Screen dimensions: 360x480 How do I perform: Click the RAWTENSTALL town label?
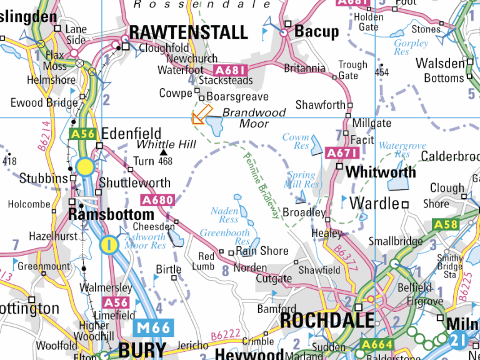click(x=188, y=32)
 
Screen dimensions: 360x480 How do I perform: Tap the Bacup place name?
click(x=316, y=31)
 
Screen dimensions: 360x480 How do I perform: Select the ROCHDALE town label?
click(x=327, y=320)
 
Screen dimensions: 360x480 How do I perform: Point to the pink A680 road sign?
click(x=157, y=201)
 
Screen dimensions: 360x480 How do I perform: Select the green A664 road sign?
click(x=377, y=344)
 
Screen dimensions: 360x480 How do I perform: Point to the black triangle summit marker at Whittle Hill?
click(x=164, y=152)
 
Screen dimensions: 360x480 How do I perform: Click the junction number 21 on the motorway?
click(x=459, y=339)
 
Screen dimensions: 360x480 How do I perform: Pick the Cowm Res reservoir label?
click(x=296, y=141)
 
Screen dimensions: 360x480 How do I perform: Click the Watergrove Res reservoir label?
click(x=402, y=150)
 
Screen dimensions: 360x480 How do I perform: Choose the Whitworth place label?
click(x=380, y=171)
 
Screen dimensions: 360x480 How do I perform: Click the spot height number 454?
click(x=382, y=73)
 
